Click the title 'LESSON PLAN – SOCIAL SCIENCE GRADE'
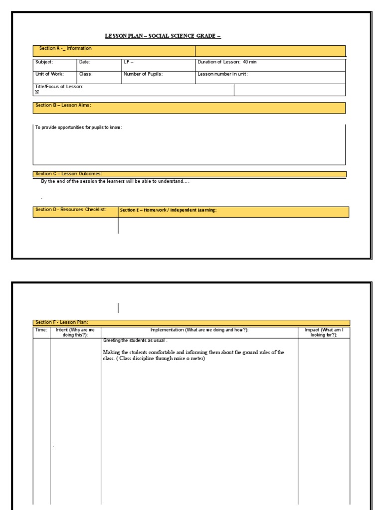coord(163,36)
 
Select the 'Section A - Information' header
coord(65,49)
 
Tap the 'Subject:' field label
coord(44,62)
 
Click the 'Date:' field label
coord(85,62)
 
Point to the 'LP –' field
coord(129,62)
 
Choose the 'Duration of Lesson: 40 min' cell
coord(227,62)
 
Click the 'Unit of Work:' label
coord(49,74)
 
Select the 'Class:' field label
coord(86,74)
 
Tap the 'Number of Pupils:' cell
coord(143,74)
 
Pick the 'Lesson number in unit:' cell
coord(222,74)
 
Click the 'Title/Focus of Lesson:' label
coord(59,87)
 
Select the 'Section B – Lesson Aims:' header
coord(63,106)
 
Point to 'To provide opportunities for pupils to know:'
coord(78,127)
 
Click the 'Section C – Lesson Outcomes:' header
coord(69,174)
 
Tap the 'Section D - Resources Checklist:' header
coord(71,210)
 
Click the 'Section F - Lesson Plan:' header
coord(61,322)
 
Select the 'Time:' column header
coord(41,330)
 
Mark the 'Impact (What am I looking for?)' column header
coord(324,333)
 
